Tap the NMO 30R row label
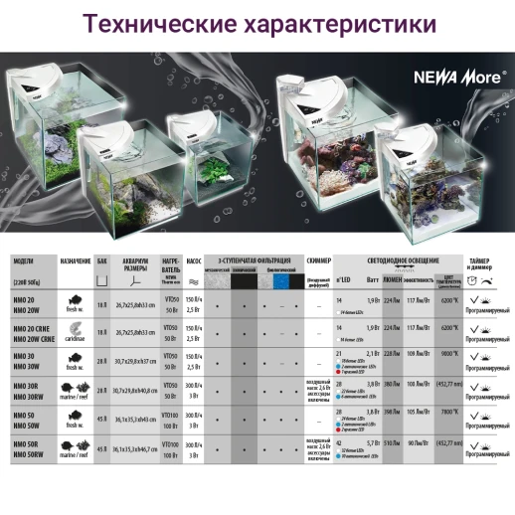pyautogui.click(x=25, y=383)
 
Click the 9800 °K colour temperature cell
pyautogui.click(x=449, y=354)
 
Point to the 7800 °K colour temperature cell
pyautogui.click(x=449, y=410)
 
